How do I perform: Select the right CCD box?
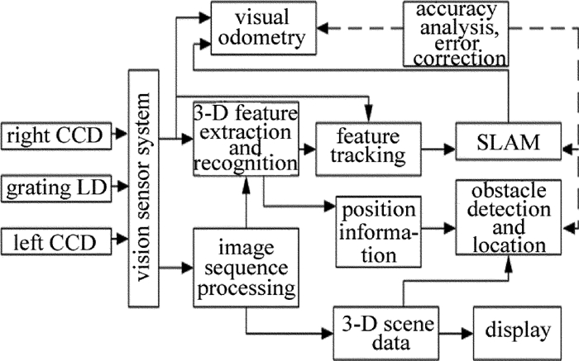52,134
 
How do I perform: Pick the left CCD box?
52,220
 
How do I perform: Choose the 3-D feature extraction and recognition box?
244,137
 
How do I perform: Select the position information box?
376,231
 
